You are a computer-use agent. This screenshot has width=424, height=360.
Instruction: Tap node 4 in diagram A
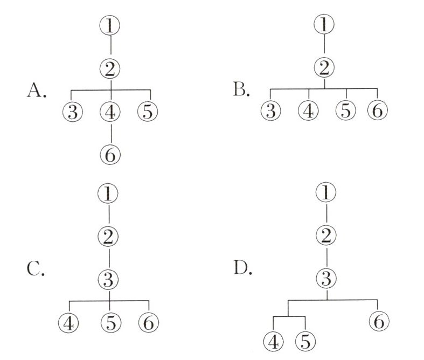(110, 112)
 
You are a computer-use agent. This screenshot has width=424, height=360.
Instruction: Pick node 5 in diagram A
(148, 112)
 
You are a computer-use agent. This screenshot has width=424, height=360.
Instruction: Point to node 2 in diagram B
(324, 68)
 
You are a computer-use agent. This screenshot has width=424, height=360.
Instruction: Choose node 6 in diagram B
(377, 111)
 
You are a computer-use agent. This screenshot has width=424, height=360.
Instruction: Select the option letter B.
(241, 89)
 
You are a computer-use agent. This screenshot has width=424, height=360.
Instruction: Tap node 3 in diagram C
(109, 279)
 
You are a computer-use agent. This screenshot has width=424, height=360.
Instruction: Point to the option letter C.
(35, 268)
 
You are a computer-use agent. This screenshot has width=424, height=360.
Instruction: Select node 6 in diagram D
(379, 321)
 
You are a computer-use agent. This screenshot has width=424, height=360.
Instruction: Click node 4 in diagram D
(275, 341)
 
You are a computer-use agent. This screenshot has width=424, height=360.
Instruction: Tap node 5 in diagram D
(305, 341)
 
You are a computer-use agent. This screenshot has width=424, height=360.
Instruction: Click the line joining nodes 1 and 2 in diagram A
(110, 46)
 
